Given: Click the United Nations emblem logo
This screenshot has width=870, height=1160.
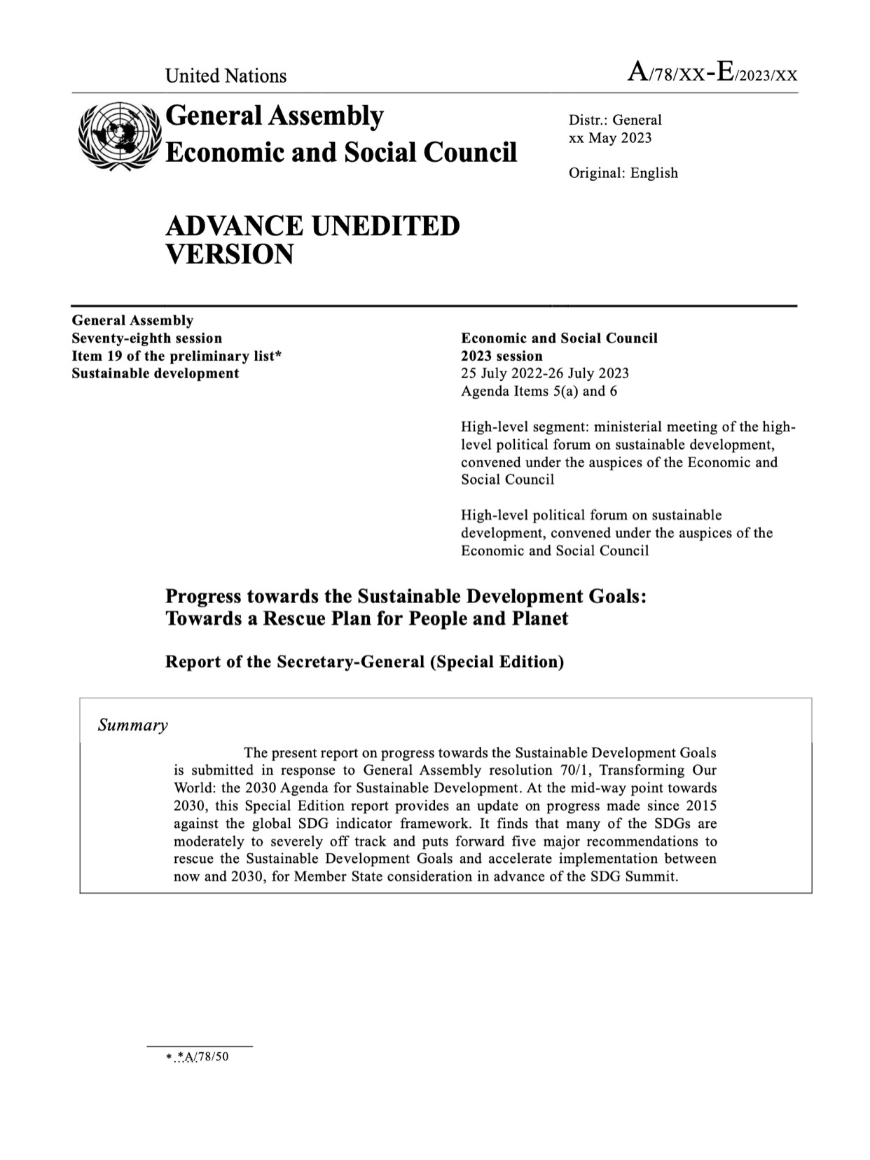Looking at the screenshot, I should click(x=117, y=134).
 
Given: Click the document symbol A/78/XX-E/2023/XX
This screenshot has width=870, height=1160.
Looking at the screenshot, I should click(x=712, y=74).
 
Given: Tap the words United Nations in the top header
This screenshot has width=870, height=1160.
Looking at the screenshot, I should click(x=226, y=76).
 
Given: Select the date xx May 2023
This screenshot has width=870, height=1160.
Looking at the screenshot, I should click(x=610, y=138).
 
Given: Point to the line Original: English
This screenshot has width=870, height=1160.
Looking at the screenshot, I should click(x=623, y=173).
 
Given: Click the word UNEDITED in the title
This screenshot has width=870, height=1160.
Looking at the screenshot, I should click(x=385, y=226).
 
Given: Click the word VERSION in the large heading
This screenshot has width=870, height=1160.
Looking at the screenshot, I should click(x=229, y=254).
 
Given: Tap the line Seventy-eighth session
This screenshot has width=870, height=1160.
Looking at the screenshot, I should click(x=146, y=338).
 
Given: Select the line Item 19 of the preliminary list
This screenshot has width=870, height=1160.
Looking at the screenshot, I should click(x=176, y=356).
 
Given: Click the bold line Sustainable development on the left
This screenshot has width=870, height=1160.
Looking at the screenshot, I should click(x=155, y=373).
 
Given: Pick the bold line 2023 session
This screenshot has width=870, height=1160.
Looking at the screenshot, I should click(x=502, y=356).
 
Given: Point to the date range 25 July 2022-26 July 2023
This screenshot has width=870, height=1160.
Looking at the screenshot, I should click(x=544, y=373).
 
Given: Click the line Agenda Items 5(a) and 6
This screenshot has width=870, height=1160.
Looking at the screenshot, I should click(x=539, y=391).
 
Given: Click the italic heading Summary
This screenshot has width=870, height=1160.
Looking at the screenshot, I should click(x=132, y=725).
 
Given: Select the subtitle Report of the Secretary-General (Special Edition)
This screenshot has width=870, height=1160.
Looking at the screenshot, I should click(x=364, y=662).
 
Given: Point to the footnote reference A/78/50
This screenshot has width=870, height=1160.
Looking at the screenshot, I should click(x=203, y=1057).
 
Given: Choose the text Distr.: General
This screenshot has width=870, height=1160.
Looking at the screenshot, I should click(x=615, y=120).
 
